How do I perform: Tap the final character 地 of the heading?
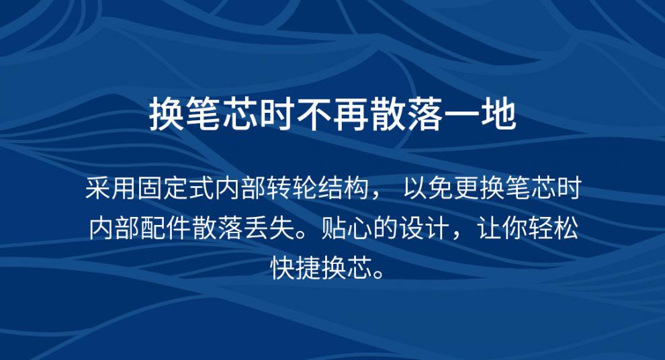498,114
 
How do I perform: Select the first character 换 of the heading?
167,114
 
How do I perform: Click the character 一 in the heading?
462,114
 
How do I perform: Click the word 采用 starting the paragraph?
110,188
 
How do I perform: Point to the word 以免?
428,188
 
